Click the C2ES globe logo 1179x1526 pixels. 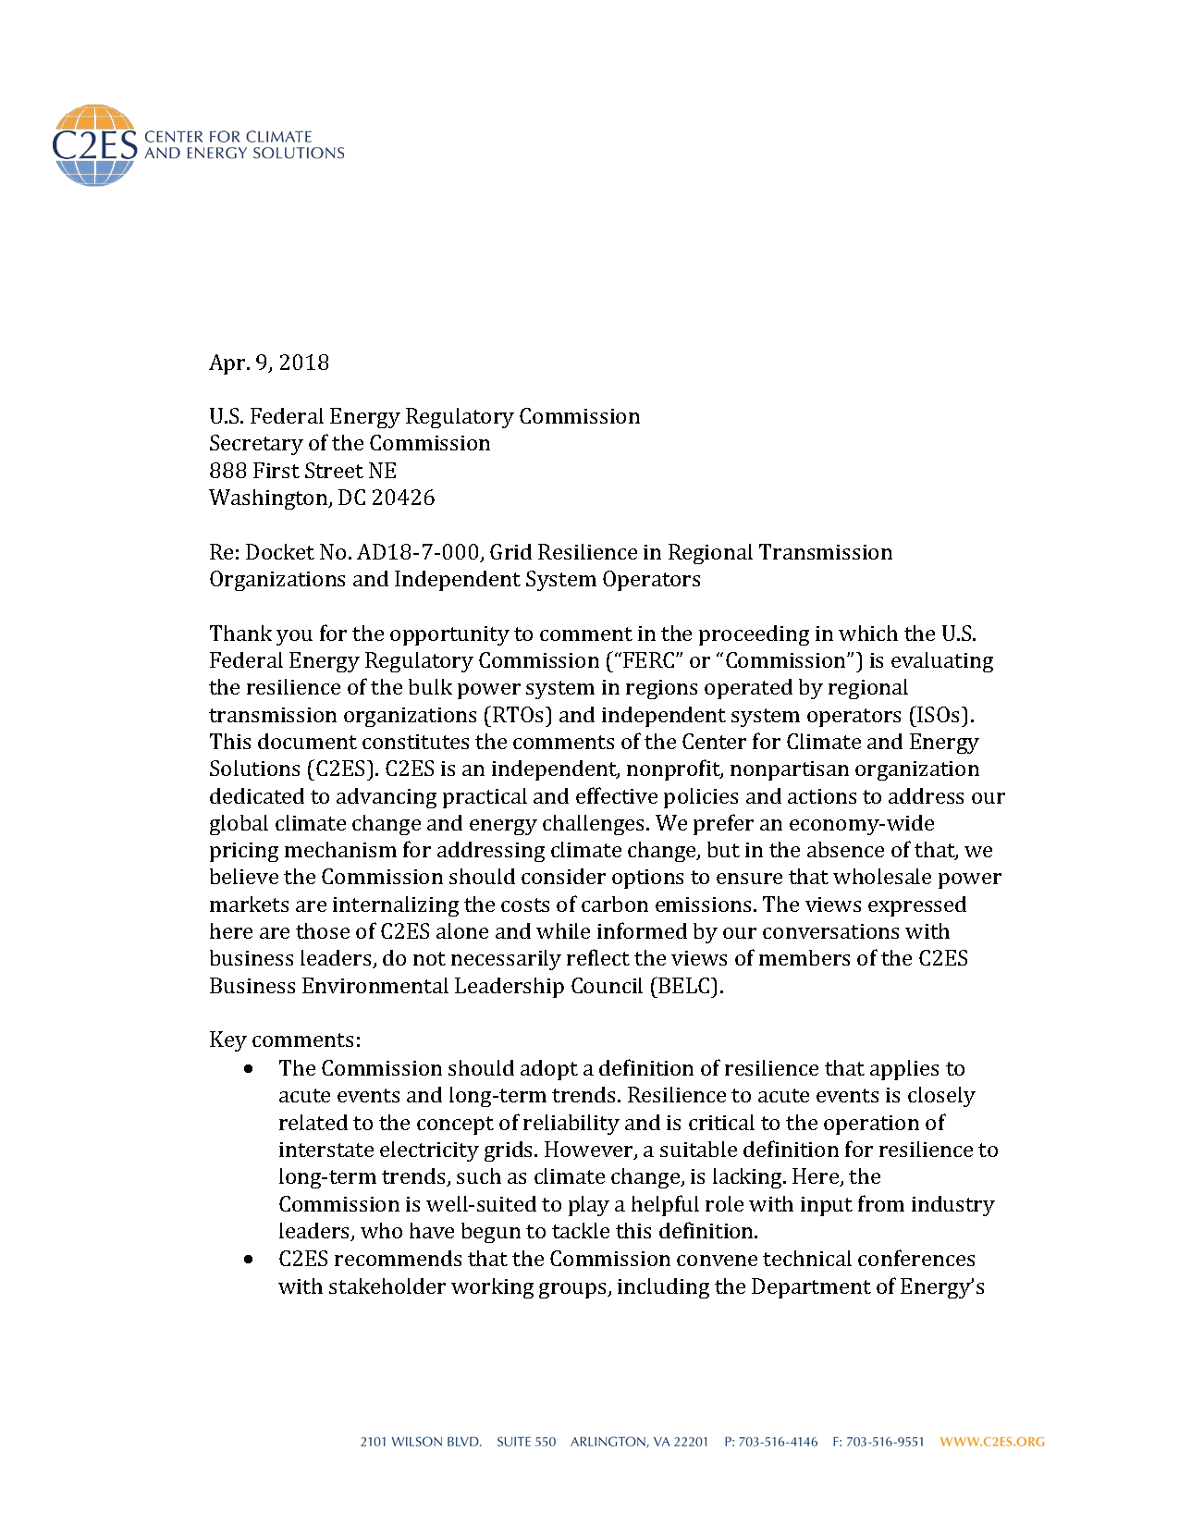[94, 145]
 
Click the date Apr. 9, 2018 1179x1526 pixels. [269, 363]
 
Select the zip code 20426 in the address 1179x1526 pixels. [403, 498]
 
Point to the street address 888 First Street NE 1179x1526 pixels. [302, 471]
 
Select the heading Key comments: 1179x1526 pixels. [285, 1040]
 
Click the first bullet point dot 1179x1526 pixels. [249, 1069]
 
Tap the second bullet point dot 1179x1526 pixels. [249, 1260]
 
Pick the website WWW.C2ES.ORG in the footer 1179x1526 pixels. [992, 1442]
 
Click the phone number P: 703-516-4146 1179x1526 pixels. [770, 1442]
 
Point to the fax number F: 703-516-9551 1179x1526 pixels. [878, 1442]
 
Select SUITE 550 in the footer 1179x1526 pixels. [526, 1442]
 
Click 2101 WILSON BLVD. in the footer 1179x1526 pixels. [421, 1442]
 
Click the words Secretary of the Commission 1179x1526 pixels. [350, 444]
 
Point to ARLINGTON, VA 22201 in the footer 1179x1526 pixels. [639, 1442]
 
